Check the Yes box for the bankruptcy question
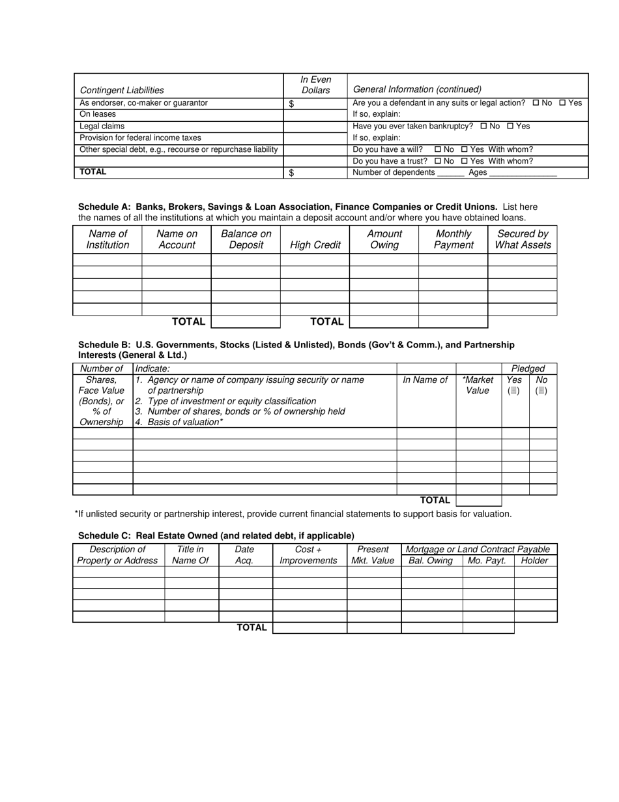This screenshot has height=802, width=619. (x=510, y=126)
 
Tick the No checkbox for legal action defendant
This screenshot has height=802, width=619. (x=536, y=103)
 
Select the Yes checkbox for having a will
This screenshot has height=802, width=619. (x=465, y=150)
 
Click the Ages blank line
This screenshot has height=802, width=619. (x=523, y=173)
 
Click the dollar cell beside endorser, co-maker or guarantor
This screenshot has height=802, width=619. (x=315, y=103)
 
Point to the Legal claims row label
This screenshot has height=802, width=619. (x=102, y=126)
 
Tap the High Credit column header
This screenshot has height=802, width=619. (x=315, y=245)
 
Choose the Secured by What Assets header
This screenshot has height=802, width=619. (x=523, y=239)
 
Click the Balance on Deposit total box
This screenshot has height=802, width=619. (x=246, y=321)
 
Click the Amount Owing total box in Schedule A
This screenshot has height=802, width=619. (x=384, y=321)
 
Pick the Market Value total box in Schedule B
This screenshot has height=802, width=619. (x=478, y=501)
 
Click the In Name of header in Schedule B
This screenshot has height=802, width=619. (x=425, y=380)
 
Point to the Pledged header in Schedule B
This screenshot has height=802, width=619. (x=528, y=369)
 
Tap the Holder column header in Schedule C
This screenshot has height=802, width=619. (x=535, y=561)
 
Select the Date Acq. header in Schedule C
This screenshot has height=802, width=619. (x=244, y=555)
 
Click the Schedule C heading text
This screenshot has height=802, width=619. (x=216, y=535)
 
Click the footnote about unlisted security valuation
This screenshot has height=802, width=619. (x=293, y=514)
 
